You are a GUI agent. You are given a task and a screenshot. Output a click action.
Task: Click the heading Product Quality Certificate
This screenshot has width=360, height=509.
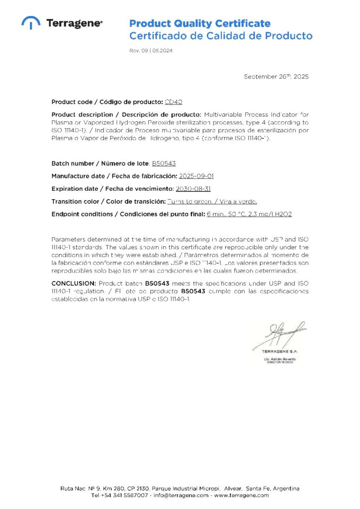coord(200,23)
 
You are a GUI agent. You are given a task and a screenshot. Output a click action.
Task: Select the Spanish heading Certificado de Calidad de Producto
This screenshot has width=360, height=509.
coord(221,36)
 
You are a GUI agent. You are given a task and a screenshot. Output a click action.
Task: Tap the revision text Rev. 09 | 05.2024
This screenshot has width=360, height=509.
coord(151,51)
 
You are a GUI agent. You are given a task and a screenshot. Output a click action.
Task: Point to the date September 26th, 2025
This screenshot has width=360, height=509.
coord(276,77)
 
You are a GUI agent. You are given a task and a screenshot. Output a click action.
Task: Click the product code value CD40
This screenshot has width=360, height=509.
coord(173,102)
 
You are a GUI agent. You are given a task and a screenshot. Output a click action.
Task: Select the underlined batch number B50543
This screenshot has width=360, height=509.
coord(164,163)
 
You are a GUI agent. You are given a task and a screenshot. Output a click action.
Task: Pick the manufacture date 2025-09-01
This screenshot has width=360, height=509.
coord(196,176)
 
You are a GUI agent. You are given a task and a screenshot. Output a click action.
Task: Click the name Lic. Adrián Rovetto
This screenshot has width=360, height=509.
coord(279,358)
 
